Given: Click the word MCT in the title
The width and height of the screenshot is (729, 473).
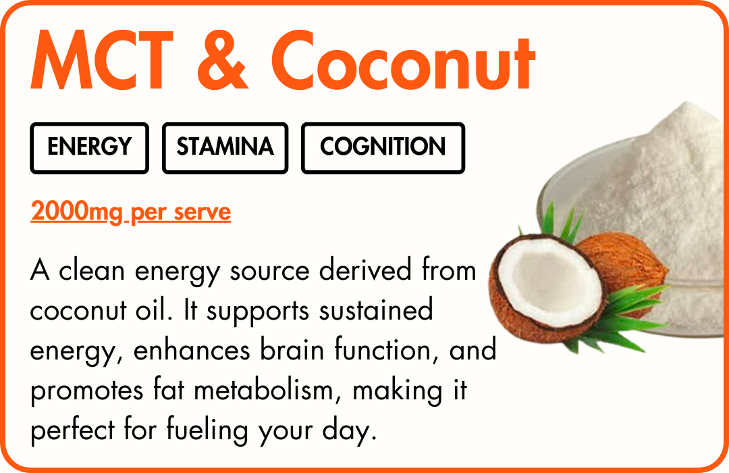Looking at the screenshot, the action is (102, 60).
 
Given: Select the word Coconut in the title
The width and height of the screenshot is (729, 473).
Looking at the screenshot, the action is (403, 60).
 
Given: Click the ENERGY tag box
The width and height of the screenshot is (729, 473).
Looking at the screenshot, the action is (89, 148).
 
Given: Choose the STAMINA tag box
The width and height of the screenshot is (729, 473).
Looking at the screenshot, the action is (225, 148).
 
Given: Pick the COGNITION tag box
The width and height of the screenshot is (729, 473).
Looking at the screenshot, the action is (383, 148).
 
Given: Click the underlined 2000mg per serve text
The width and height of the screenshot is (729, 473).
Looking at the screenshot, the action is (131, 211).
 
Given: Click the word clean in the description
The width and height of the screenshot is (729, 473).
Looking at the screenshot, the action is (92, 270).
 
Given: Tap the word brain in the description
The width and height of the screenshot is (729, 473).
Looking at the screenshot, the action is (292, 349).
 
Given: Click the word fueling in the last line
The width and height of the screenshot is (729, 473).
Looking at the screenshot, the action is (207, 429).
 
